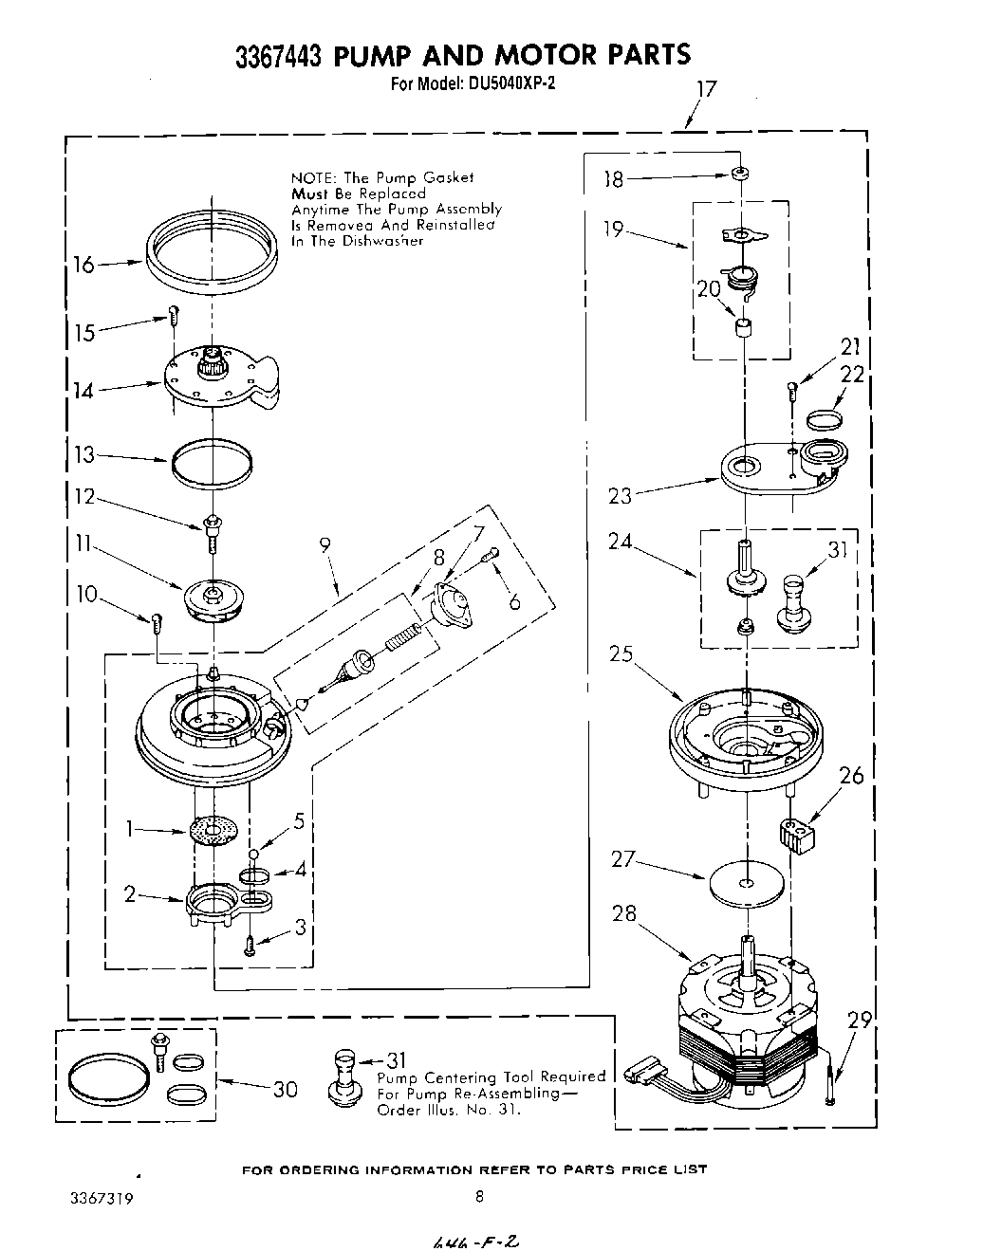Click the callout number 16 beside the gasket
click(x=84, y=265)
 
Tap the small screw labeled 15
click(x=174, y=315)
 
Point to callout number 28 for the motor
click(x=624, y=913)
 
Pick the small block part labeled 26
click(x=797, y=836)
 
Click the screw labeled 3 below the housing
click(x=249, y=945)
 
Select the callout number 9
click(x=325, y=545)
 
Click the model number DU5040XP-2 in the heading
click(x=510, y=83)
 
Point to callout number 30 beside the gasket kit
click(x=285, y=1089)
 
